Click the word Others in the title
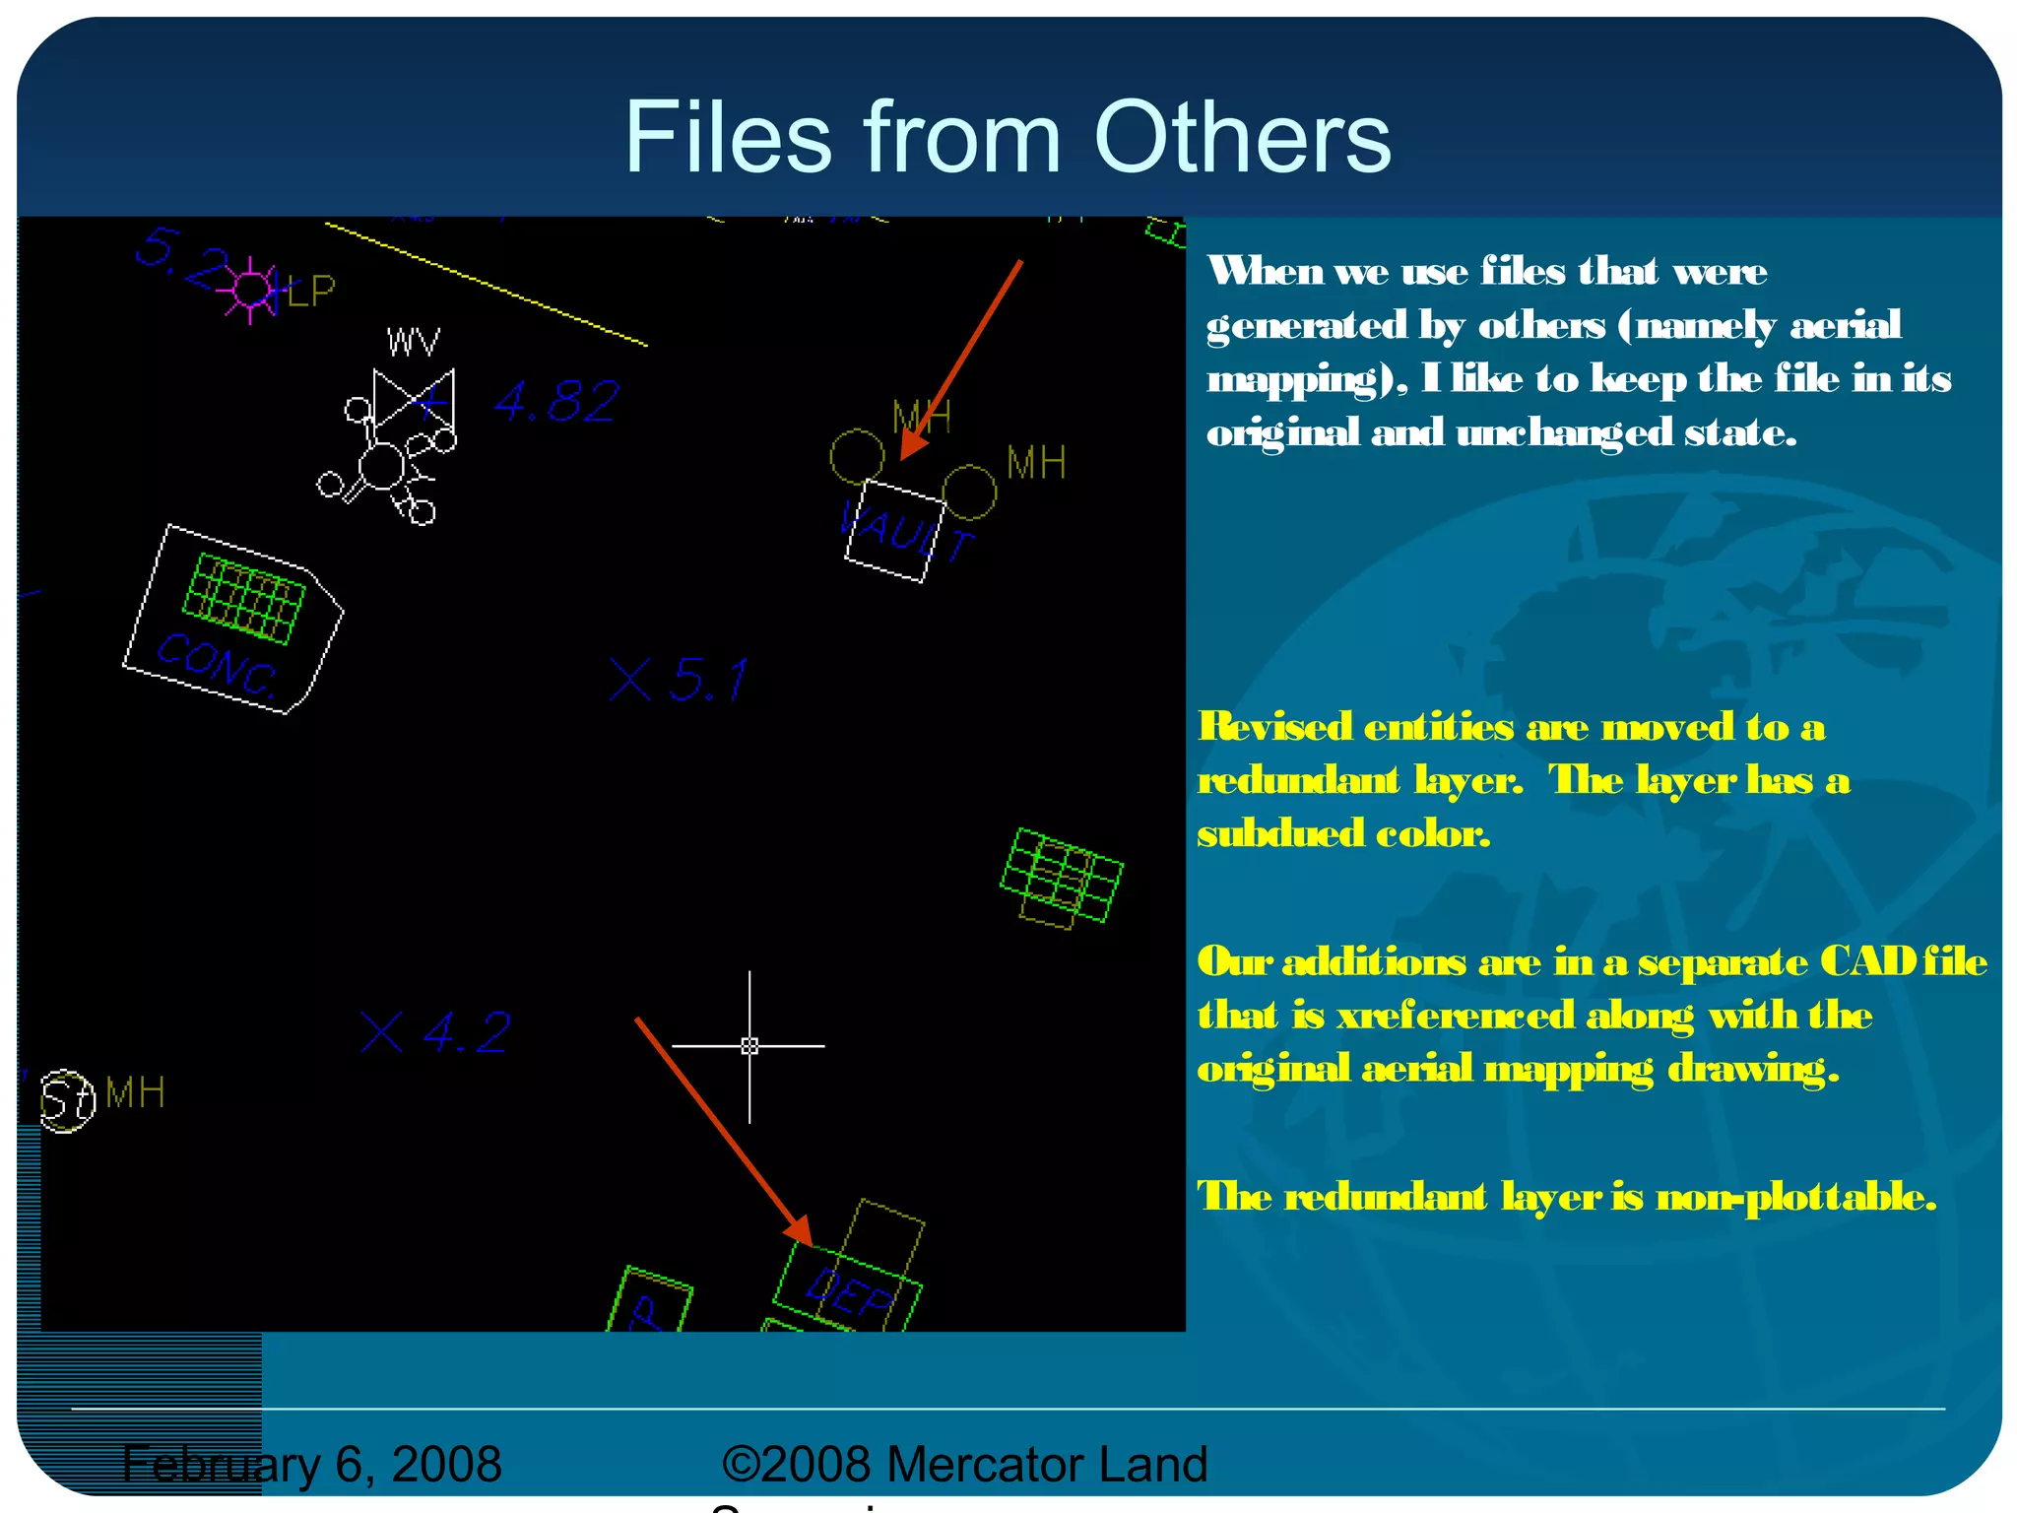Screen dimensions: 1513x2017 [x=1242, y=138]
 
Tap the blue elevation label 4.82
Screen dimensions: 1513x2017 [x=557, y=402]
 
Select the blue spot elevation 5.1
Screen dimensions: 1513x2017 [x=708, y=681]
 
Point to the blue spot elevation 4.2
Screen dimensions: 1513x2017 [x=467, y=1032]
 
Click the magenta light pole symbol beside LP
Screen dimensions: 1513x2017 [x=250, y=290]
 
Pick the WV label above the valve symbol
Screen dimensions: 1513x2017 [x=413, y=342]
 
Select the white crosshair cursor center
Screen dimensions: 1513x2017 [x=749, y=1046]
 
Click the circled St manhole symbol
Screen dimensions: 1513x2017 [x=67, y=1100]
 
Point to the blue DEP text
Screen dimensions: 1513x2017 [x=850, y=1293]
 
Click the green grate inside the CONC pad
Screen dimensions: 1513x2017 [x=244, y=599]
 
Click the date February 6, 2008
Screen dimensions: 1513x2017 [x=312, y=1465]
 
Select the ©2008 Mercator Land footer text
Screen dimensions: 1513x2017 [x=964, y=1465]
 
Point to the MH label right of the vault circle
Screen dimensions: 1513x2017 [x=1035, y=463]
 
